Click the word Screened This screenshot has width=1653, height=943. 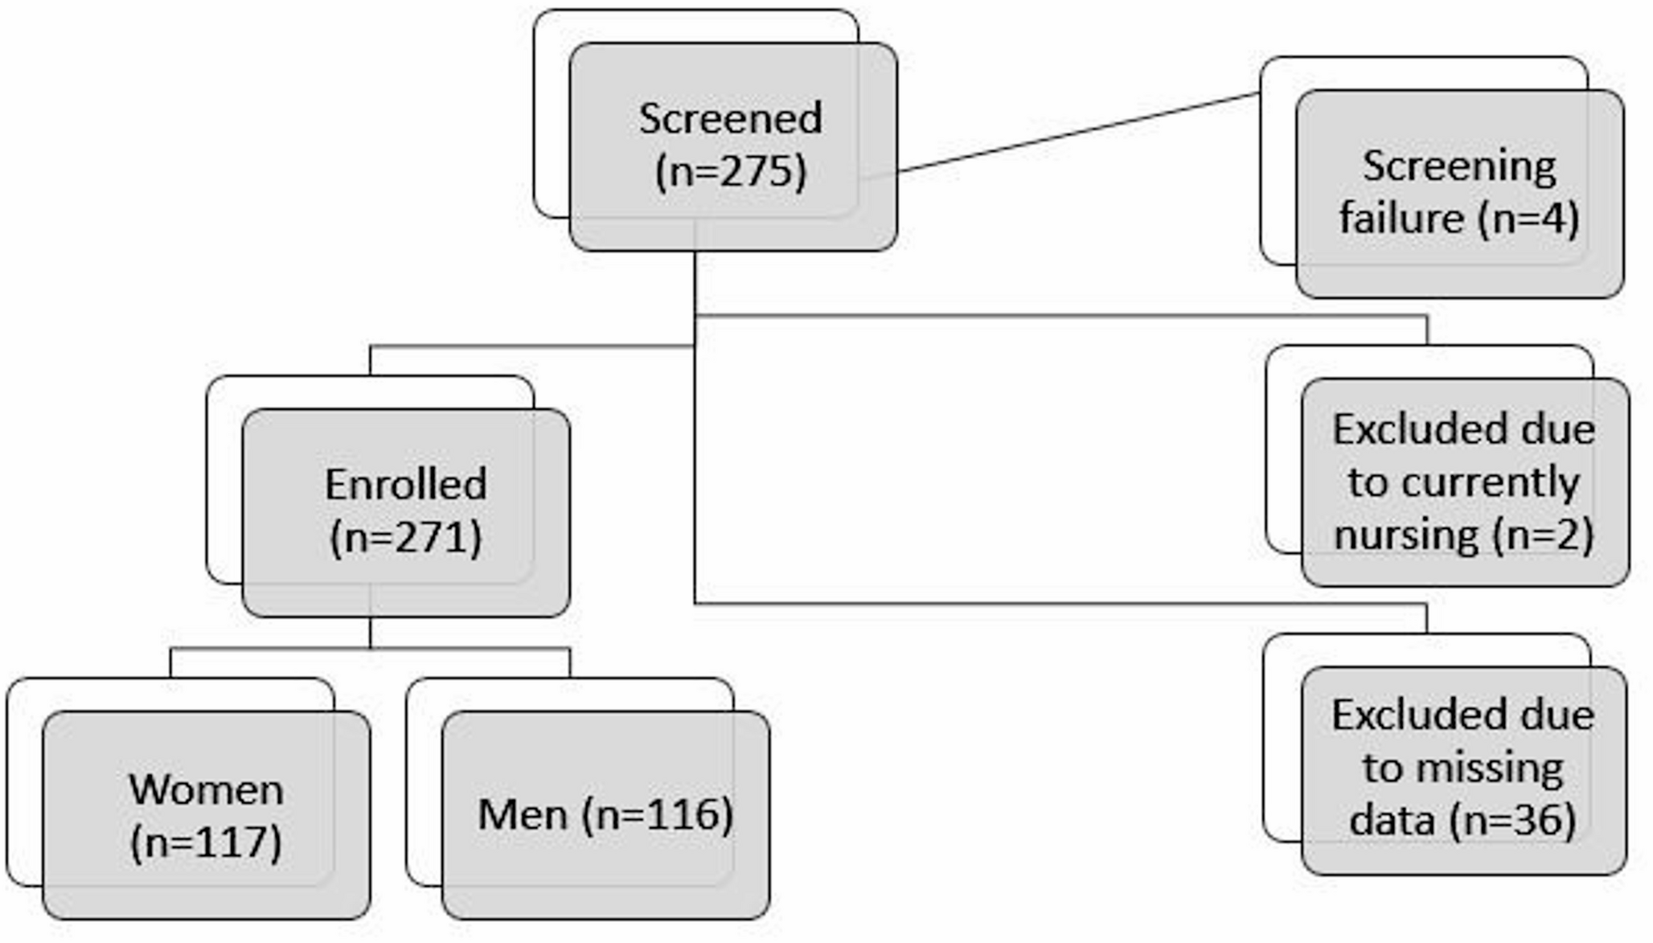pos(730,119)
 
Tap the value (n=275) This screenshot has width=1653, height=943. pos(730,171)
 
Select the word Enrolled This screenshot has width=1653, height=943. pos(405,484)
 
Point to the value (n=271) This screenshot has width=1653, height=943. pos(405,537)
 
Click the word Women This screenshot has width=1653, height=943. pos(206,789)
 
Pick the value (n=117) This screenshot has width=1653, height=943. pos(206,843)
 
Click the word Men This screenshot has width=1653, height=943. pos(523,814)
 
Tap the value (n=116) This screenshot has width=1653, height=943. pos(658,814)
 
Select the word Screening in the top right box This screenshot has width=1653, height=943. pos(1459,168)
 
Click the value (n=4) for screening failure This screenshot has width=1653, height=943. pos(1528,218)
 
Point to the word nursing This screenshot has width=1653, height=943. pos(1405,535)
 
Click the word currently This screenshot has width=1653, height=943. pos(1463,482)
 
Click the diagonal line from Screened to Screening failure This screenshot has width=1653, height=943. pos(1077,133)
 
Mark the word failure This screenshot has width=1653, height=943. pos(1401,218)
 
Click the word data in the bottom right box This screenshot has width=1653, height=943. pos(1392,820)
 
